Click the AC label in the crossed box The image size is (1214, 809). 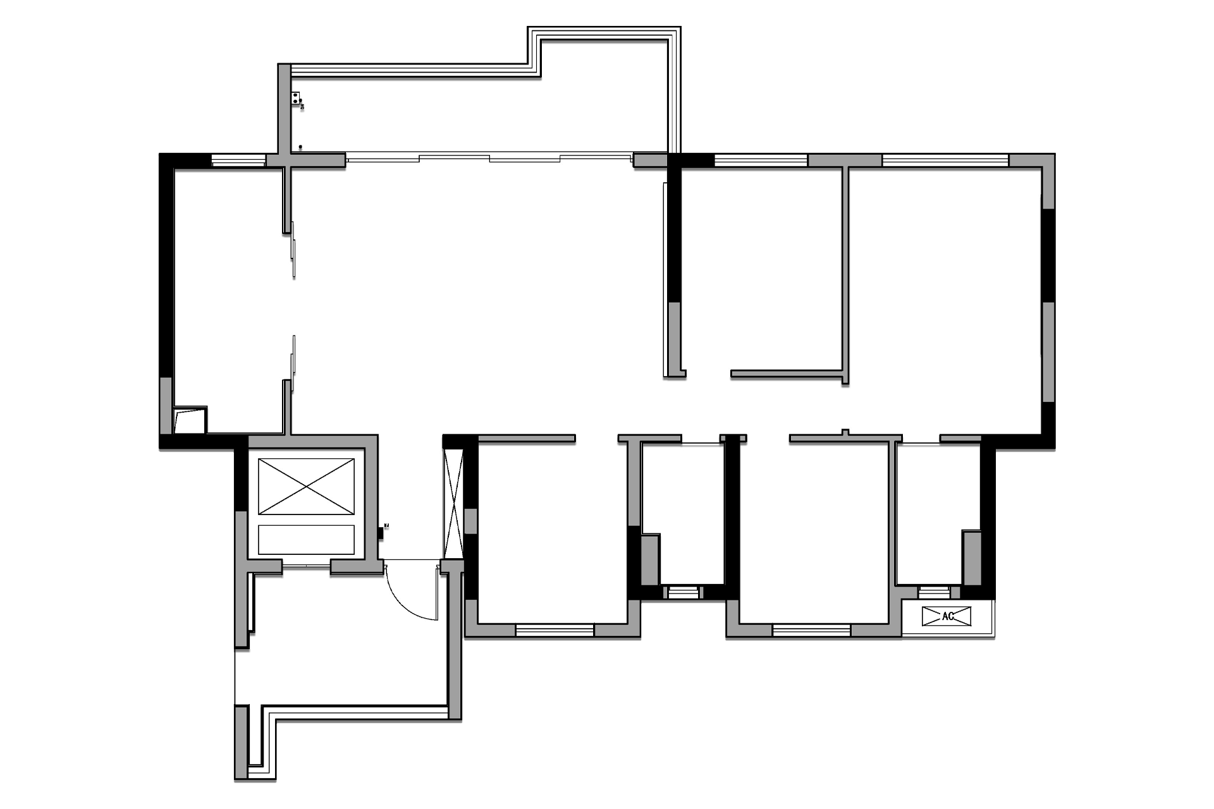tap(947, 616)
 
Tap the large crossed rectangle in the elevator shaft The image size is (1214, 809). tap(306, 486)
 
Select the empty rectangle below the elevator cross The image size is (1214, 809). tap(306, 539)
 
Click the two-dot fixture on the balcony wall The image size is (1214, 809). tap(296, 98)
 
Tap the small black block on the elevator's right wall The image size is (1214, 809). tap(380, 533)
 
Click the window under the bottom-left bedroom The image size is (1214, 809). tap(555, 630)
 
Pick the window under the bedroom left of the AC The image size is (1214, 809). tap(811, 630)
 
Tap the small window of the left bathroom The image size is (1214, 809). tap(681, 592)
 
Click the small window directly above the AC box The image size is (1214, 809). tap(934, 592)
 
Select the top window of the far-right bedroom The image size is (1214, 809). tap(945, 161)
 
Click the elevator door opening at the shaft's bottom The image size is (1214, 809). tap(306, 566)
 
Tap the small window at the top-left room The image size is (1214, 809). tap(238, 161)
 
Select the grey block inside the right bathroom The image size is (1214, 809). tap(971, 557)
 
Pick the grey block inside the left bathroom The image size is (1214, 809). tap(650, 560)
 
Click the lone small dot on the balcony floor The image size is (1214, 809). tap(300, 147)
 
